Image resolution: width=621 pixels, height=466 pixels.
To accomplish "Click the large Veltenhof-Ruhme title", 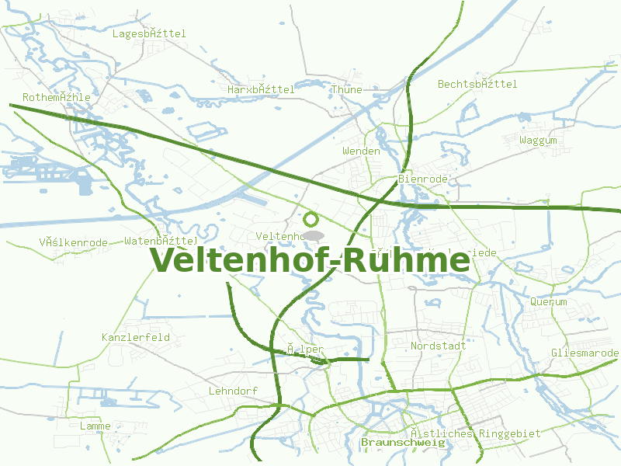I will [310, 260].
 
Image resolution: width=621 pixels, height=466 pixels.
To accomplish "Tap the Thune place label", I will [347, 90].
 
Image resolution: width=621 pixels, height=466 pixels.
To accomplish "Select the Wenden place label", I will [362, 151].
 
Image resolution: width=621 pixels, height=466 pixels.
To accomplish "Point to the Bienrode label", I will [423, 179].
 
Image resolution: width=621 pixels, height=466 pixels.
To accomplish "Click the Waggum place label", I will [539, 141].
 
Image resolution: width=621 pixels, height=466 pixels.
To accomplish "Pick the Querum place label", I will [549, 301].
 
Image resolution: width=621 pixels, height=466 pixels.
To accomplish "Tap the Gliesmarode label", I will [585, 353].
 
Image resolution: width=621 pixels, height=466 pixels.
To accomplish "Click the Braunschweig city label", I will [403, 443].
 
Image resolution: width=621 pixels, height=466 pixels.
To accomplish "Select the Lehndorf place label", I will [233, 391].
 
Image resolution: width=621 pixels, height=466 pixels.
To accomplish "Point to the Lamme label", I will [95, 426].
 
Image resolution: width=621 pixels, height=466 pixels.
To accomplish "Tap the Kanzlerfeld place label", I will [136, 338].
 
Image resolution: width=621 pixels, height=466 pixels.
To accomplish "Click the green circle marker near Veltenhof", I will [311, 219].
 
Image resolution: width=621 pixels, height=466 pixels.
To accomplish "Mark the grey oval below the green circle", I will [313, 235].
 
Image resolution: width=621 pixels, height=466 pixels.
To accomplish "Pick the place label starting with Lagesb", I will [149, 34].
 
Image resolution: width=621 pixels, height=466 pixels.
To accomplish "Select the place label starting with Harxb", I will [262, 90].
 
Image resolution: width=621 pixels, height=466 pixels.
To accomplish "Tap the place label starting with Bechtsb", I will [477, 84].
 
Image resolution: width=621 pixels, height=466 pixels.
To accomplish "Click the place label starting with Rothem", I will [57, 98].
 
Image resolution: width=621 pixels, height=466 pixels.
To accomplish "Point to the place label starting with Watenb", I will [161, 242].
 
